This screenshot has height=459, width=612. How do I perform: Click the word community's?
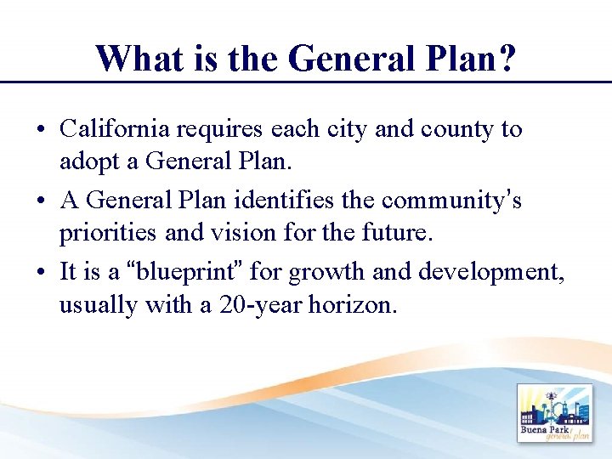tap(451, 201)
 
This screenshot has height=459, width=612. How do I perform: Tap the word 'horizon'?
tap(356, 304)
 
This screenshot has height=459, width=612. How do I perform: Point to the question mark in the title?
tap(506, 59)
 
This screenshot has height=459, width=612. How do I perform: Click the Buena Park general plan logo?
tap(553, 413)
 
